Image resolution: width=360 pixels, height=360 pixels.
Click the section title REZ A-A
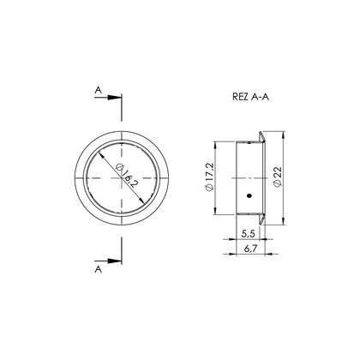point(250,97)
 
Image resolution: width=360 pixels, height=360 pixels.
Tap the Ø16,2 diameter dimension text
point(125,175)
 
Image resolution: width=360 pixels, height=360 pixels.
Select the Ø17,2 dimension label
point(209,177)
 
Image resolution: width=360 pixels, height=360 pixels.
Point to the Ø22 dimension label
point(278,177)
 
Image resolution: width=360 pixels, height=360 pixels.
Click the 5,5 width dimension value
point(248,234)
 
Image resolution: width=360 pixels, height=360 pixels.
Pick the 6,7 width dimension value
point(251,249)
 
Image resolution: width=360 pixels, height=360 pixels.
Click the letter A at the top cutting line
point(98,90)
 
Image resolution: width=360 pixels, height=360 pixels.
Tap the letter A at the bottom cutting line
point(98,269)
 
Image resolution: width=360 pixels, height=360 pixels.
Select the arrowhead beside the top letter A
point(115,97)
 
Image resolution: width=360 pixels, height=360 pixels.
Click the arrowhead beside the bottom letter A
point(115,261)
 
